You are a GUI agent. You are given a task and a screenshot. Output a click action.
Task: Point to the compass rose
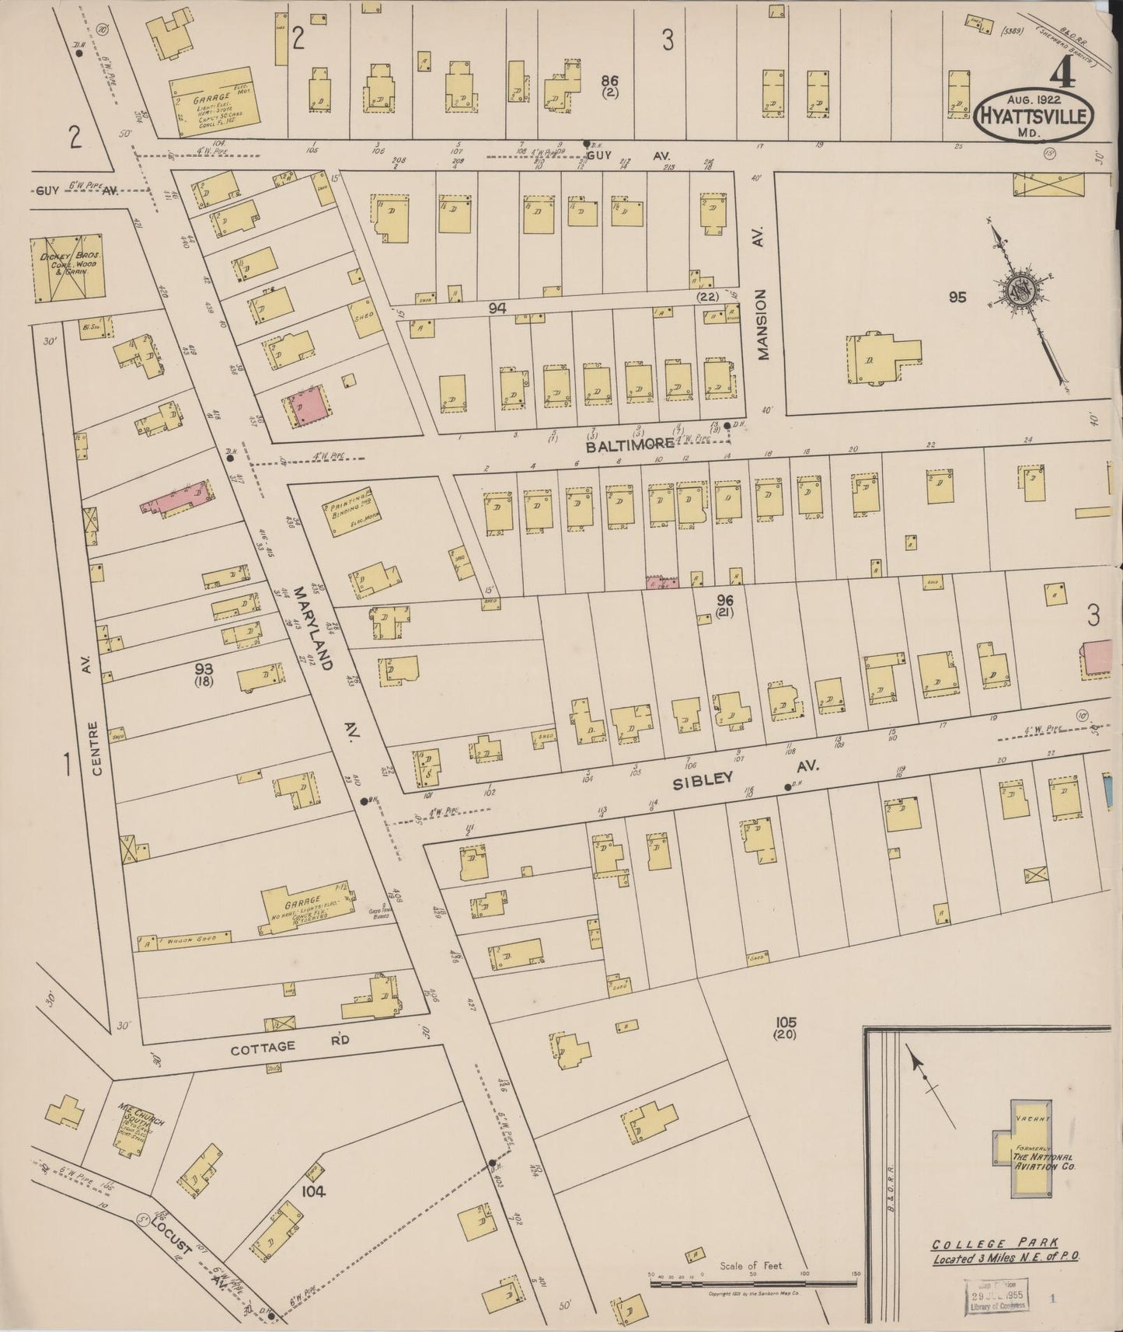[x=1017, y=291]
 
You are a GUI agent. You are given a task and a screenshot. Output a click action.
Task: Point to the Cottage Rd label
[x=263, y=1047]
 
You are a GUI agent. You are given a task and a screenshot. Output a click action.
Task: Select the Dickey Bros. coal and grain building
[x=66, y=267]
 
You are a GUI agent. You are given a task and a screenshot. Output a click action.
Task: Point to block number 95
[x=957, y=296]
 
